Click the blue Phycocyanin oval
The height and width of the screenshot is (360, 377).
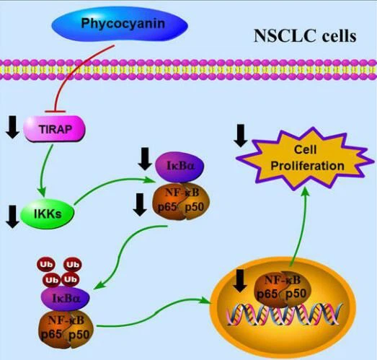coord(120,24)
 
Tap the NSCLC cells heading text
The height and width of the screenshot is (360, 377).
coord(305,36)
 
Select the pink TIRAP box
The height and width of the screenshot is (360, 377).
coord(54,128)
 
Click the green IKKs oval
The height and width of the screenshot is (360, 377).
coord(48,214)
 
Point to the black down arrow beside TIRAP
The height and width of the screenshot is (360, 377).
coord(12,127)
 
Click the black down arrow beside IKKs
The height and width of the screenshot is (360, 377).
coord(12,216)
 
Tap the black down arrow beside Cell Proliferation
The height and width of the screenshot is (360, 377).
coord(241,136)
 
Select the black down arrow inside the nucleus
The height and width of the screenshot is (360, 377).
coord(241,281)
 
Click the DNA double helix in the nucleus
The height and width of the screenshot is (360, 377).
coord(284,314)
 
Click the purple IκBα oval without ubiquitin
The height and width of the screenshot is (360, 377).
coord(179,167)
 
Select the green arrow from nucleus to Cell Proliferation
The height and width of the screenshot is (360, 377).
coord(301,227)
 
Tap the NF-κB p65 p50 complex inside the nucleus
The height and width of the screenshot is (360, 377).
coord(283,289)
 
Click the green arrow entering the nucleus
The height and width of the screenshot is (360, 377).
coord(154,313)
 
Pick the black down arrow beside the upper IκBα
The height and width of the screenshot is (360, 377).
coord(145,159)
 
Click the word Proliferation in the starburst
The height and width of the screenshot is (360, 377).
coord(308,166)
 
